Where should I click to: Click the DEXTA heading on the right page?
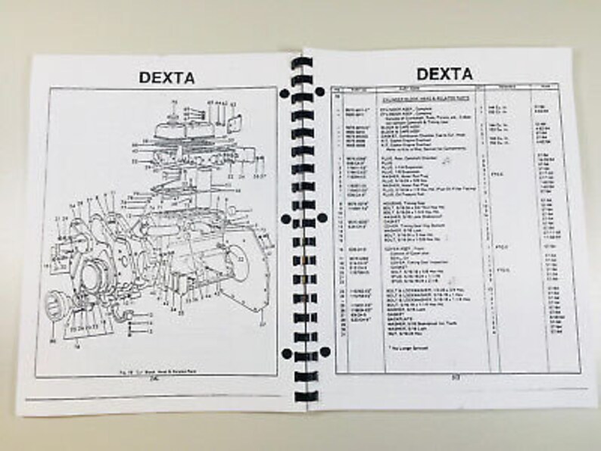pos(444,73)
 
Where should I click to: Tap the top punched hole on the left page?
pos(282,93)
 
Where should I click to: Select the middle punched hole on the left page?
pos(285,219)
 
